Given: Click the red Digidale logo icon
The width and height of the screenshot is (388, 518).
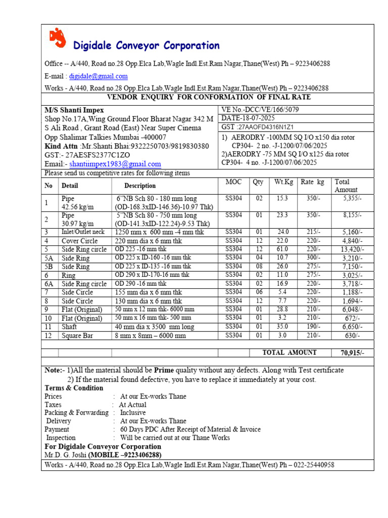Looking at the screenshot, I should [58, 38].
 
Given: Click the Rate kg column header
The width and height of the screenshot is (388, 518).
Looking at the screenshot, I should [313, 182].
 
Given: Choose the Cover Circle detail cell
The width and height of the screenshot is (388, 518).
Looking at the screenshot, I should [80, 241].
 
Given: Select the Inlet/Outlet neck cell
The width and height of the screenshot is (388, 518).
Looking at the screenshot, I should [83, 232].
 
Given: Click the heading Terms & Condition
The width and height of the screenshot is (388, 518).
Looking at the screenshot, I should [74, 388].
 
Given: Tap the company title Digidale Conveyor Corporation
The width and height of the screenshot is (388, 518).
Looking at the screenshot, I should [147, 46].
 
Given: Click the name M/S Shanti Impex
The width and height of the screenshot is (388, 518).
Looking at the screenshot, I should [74, 110].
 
